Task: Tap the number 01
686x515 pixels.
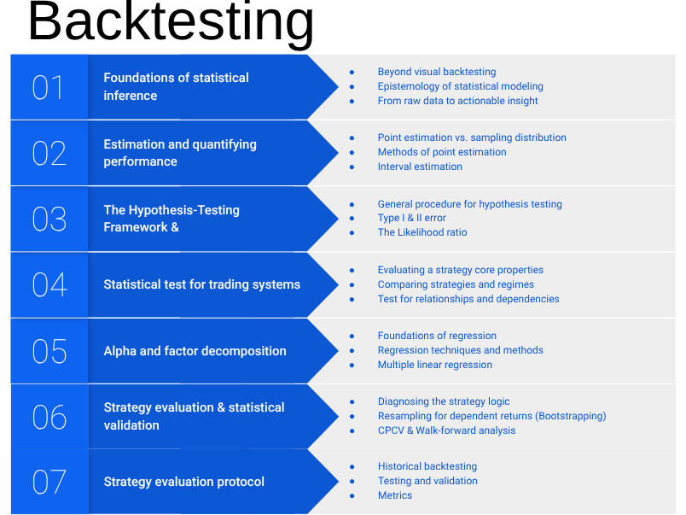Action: click(48, 87)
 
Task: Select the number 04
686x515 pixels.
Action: click(49, 284)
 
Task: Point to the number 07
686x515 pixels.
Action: click(49, 482)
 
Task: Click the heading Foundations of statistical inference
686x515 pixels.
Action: click(176, 86)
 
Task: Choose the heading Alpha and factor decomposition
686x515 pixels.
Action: click(195, 351)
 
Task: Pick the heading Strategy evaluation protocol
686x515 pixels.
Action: click(183, 482)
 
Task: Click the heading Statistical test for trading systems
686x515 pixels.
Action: click(201, 284)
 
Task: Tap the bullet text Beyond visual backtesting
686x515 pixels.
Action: click(436, 72)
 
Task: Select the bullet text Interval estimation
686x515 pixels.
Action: click(420, 167)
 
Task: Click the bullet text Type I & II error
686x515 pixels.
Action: click(411, 218)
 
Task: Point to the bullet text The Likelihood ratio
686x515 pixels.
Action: click(422, 232)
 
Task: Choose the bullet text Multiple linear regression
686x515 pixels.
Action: click(434, 365)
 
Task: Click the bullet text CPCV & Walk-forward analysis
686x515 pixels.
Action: click(446, 430)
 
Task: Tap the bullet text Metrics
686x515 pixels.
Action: click(394, 495)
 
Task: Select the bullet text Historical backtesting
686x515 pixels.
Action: click(427, 466)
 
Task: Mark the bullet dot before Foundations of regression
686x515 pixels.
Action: click(352, 336)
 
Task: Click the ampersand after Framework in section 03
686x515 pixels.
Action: click(174, 227)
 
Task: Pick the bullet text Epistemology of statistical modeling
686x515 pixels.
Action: click(460, 86)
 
